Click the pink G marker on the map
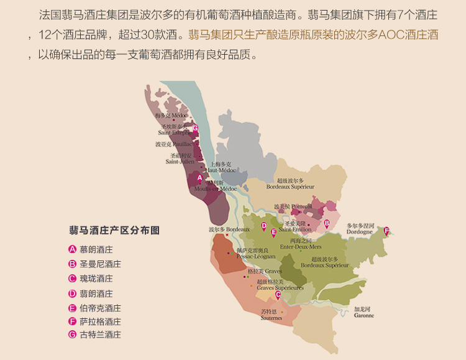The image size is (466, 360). tap(195, 129)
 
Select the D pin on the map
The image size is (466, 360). tap(263, 226)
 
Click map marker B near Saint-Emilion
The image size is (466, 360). tap(327, 223)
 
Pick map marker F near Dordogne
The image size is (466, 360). tap(386, 231)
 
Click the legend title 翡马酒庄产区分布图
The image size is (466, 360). tap(114, 230)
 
